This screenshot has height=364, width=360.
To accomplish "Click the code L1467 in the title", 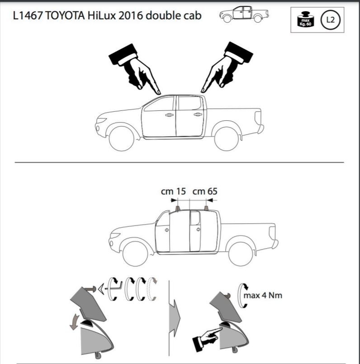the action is [x=28, y=16].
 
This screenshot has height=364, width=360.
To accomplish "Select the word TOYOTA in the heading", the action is [x=65, y=16].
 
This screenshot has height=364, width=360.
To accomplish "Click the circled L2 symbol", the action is [x=330, y=20].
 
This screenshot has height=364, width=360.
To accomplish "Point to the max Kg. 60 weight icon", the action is [x=305, y=19].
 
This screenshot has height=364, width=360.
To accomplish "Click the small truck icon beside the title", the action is [x=244, y=14].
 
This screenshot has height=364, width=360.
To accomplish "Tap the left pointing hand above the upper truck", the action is [x=134, y=68].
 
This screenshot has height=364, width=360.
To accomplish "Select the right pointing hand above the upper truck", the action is [x=227, y=67].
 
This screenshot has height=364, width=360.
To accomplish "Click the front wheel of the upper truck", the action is [x=122, y=138].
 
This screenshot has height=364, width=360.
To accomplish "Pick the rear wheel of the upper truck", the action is [x=227, y=138].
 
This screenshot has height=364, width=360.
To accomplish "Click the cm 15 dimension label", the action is [x=173, y=192].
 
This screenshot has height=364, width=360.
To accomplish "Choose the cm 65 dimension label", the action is [x=205, y=192].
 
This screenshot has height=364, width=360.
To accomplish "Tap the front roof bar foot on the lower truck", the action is [x=177, y=208].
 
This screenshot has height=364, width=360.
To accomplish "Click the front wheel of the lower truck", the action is [x=135, y=254].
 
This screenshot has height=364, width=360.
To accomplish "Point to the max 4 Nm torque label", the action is [x=263, y=296].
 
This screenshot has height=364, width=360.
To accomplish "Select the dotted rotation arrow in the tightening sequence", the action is [x=152, y=289].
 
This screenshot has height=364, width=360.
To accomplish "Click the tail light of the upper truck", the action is [x=258, y=118].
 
